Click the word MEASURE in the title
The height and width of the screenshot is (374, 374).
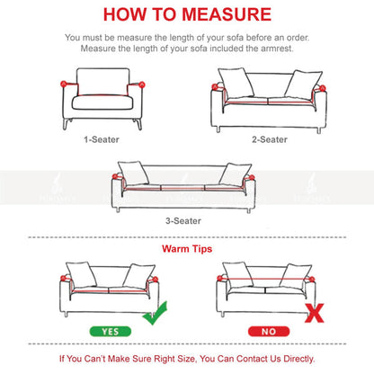[x=227, y=14]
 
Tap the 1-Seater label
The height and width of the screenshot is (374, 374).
[x=102, y=139]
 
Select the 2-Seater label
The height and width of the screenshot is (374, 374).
[x=270, y=139]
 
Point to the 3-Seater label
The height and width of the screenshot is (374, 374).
[x=183, y=221]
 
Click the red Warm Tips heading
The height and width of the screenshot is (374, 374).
[x=187, y=249]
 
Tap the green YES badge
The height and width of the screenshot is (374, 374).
[x=111, y=332]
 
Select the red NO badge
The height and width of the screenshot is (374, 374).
[x=269, y=332]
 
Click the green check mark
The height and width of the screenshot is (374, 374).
[x=156, y=313]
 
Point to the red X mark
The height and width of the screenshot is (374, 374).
[x=315, y=313]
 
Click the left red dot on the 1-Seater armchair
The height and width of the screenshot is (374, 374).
[x=64, y=84]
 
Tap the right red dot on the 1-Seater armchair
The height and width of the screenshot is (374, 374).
[x=142, y=85]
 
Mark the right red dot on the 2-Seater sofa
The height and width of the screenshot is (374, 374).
[x=323, y=88]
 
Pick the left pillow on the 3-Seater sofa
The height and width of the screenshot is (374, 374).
[x=133, y=173]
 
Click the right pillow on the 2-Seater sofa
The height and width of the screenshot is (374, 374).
[x=303, y=85]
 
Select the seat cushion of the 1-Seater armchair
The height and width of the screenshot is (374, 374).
[x=102, y=102]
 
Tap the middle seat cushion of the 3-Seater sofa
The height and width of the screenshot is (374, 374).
[x=183, y=188]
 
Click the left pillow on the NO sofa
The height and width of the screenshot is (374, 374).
[x=238, y=275]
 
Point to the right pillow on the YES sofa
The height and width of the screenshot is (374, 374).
[x=138, y=276]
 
